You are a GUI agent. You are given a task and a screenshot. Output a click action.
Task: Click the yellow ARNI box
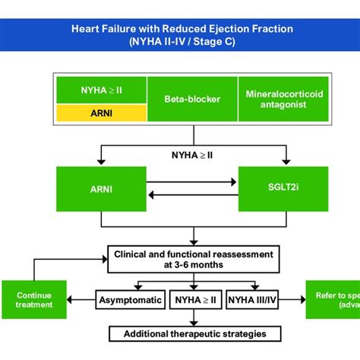[x=102, y=113]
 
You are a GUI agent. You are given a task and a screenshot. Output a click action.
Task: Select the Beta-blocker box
[x=192, y=99]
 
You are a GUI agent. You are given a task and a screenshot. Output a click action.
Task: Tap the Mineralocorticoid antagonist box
[x=283, y=99]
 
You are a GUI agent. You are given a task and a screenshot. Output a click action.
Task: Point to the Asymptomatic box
[x=130, y=300]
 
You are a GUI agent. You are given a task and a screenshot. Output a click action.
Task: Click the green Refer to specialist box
[x=333, y=300]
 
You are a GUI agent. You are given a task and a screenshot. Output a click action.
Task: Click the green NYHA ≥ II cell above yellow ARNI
[x=102, y=89]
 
